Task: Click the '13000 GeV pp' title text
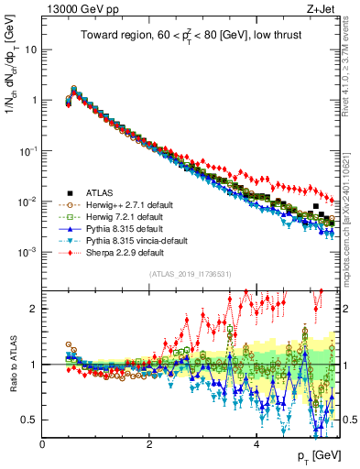coord(79,8)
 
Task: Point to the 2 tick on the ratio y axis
coord(35,309)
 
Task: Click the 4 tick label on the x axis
coord(256,443)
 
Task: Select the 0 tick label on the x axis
coord(43,443)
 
